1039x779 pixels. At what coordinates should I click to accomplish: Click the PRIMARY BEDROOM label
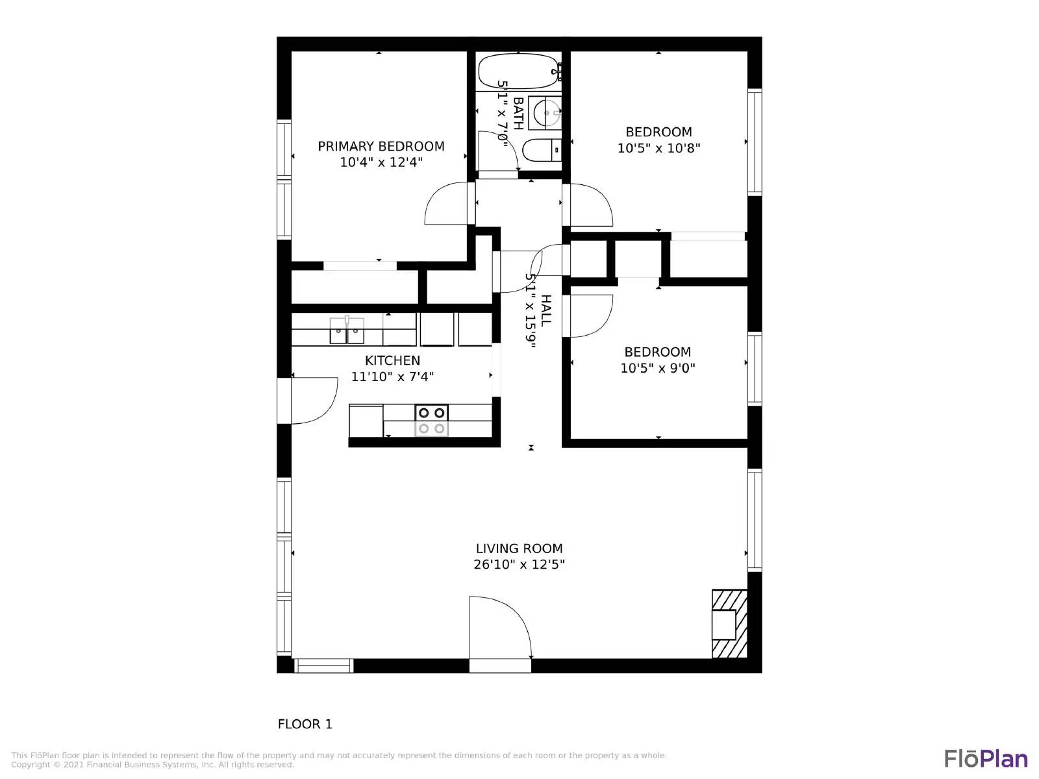click(381, 146)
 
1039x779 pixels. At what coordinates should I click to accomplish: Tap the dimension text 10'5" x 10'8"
click(658, 148)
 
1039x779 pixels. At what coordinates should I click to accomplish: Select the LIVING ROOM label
click(519, 549)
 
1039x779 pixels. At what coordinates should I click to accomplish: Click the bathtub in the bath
click(518, 71)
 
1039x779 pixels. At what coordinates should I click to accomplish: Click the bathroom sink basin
click(544, 113)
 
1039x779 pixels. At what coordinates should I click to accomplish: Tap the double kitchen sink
click(347, 331)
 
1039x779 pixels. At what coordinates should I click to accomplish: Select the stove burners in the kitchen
click(431, 420)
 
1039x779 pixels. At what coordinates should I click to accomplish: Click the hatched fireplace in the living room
click(729, 624)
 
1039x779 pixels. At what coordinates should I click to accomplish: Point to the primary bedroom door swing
click(447, 204)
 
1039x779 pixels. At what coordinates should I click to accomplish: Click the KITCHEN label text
click(392, 360)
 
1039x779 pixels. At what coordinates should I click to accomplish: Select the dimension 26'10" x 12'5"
click(519, 565)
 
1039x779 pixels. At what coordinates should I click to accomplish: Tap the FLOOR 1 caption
click(305, 724)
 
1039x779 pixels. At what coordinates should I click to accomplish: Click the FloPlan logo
click(986, 758)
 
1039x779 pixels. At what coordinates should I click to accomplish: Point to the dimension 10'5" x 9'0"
click(657, 368)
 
